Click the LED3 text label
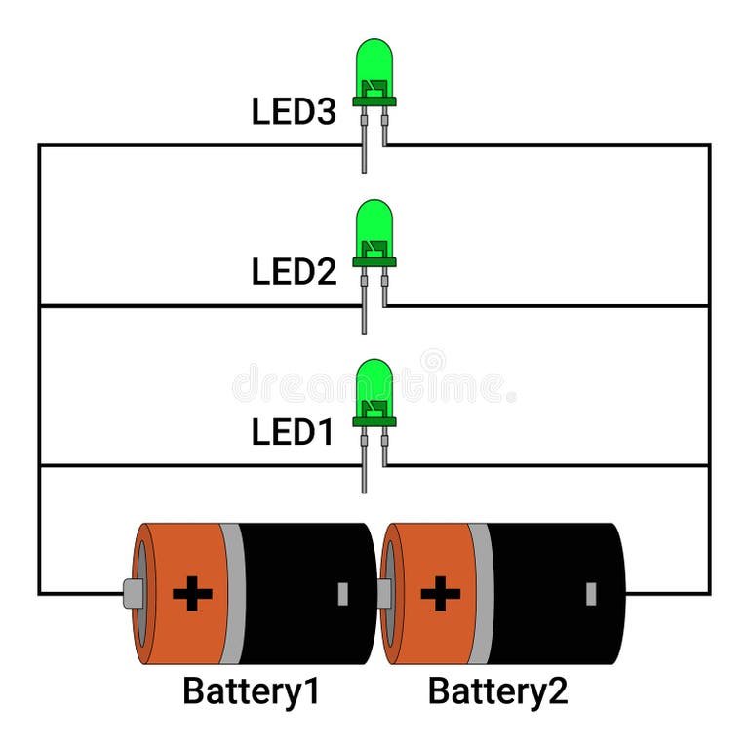(x=294, y=112)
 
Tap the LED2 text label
(x=294, y=272)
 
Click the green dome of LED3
(x=374, y=60)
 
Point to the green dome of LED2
(x=374, y=221)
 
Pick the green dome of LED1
(x=374, y=381)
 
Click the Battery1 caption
(x=251, y=691)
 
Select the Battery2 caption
(x=497, y=691)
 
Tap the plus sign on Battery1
(x=192, y=593)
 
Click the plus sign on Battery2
(x=441, y=593)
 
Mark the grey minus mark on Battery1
(x=342, y=593)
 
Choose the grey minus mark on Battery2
(x=591, y=593)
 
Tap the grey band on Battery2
(x=480, y=593)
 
